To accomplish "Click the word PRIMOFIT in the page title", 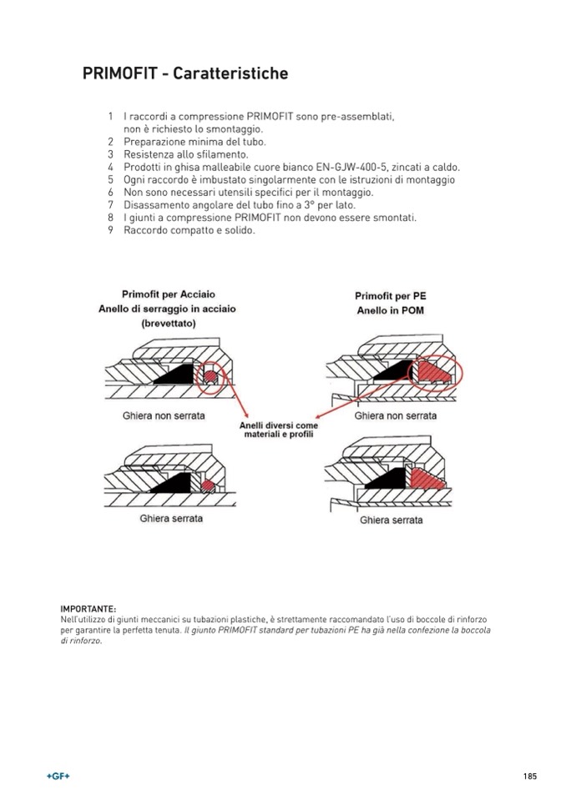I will tap(118, 74).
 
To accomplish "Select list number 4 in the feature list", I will tap(110, 167).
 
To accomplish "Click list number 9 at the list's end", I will tap(110, 229).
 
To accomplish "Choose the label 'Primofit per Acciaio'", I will tap(168, 294).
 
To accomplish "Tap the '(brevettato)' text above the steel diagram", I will tap(169, 323).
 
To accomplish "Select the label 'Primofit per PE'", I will tap(390, 296).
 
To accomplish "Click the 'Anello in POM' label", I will tap(390, 310).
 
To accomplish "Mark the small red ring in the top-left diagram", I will tap(211, 378).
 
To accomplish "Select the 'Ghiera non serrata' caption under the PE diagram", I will tap(395, 415).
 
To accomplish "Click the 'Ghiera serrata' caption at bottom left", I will tap(170, 518).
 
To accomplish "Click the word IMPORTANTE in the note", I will tap(88, 608).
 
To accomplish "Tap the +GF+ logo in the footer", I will tap(58, 776).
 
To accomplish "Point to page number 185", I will tap(530, 776).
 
